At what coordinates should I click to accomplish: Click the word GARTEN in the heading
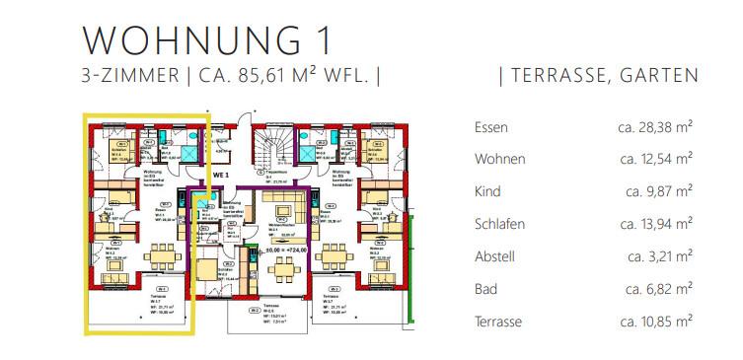[660, 75]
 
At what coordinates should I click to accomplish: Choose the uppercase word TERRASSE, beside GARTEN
[557, 75]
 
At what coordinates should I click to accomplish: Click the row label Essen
[491, 127]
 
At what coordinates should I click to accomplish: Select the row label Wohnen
[499, 159]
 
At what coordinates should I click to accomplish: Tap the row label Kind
[487, 191]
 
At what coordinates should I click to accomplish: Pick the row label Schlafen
[500, 224]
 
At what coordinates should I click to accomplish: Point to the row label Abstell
[495, 256]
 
